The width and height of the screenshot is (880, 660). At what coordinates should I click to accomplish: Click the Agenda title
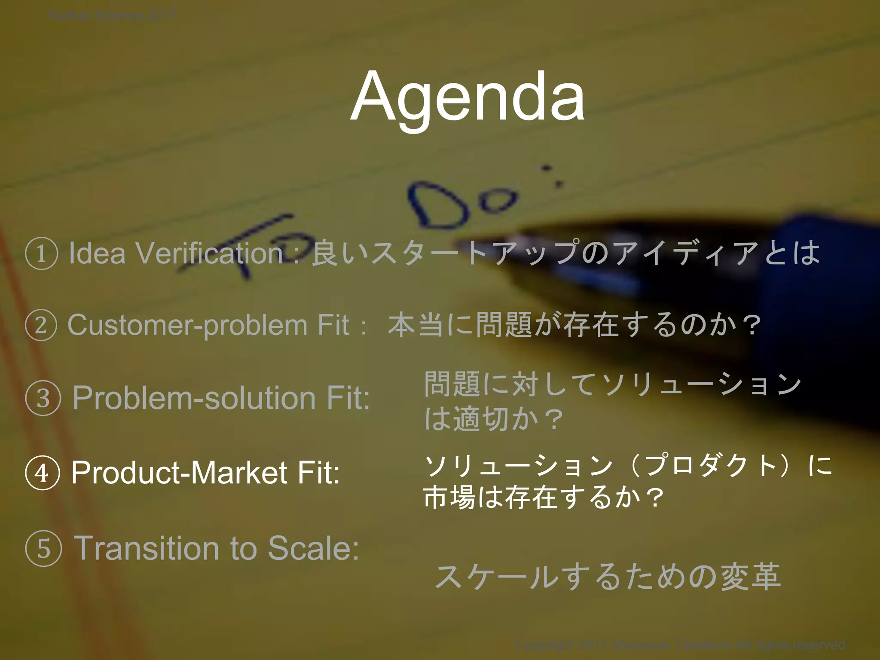point(467,97)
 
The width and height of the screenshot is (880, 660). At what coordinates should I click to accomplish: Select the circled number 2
point(41,325)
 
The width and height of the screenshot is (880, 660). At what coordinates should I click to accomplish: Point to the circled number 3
point(43,398)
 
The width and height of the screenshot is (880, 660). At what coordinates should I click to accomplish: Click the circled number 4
point(42,473)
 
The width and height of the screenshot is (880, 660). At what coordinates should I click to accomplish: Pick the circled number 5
point(43,549)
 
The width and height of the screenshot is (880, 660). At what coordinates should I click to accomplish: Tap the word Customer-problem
point(187,325)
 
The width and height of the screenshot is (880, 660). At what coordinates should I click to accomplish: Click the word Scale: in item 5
point(313,549)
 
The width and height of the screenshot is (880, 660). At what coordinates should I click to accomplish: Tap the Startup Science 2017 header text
point(111,16)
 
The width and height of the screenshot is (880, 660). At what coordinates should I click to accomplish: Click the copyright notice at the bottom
point(680,645)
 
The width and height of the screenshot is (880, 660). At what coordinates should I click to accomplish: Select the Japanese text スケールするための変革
point(608,577)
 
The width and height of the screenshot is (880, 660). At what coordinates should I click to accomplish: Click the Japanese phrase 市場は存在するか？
point(544,498)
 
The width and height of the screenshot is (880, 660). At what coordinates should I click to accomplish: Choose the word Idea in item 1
point(97,254)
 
